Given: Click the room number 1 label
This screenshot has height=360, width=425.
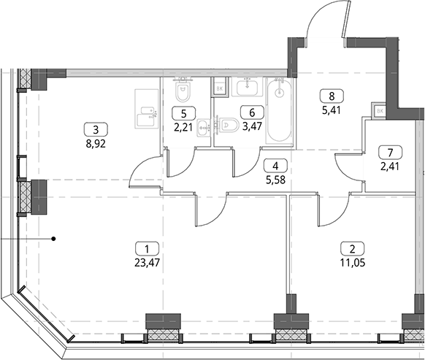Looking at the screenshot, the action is (x=147, y=249).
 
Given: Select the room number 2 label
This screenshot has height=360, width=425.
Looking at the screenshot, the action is (x=353, y=249).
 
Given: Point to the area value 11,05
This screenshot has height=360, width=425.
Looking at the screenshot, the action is (x=353, y=263).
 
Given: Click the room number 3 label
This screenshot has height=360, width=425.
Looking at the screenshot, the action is (x=96, y=130).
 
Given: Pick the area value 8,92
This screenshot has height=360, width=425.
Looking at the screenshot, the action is (x=96, y=144).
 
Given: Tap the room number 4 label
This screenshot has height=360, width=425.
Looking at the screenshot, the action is (x=275, y=166).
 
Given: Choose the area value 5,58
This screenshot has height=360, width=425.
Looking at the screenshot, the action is (x=275, y=180).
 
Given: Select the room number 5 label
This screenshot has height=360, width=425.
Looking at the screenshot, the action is (x=184, y=113).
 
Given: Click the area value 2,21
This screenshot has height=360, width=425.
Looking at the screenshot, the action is (x=183, y=127).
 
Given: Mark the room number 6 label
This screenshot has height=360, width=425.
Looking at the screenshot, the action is (x=252, y=112).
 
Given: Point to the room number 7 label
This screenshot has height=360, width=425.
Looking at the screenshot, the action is (x=390, y=153).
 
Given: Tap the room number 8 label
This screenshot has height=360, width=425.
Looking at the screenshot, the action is (x=332, y=96).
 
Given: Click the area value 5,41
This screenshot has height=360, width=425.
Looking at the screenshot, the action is (x=332, y=110).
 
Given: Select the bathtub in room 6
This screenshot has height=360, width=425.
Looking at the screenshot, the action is (x=279, y=111).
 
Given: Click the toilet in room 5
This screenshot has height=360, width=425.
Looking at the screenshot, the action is (x=183, y=91).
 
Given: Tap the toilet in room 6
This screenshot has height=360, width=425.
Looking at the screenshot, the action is (x=229, y=126).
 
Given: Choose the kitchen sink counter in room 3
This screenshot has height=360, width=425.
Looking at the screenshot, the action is (x=146, y=109).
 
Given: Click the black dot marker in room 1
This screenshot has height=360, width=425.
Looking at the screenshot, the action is (x=54, y=239).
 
